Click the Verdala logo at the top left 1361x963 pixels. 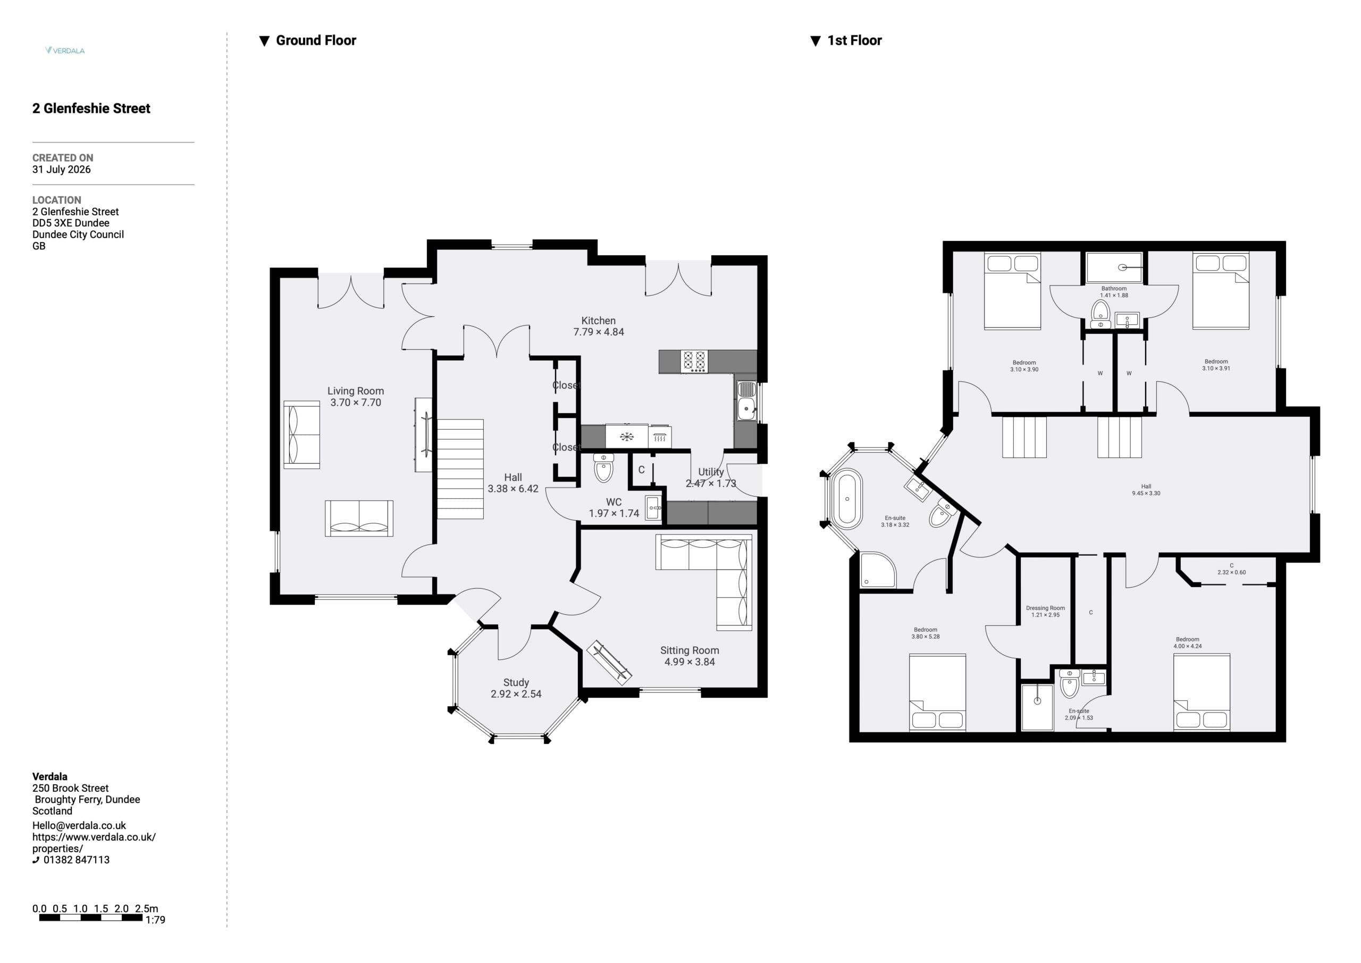pos(65,51)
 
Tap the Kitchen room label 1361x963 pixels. pos(598,320)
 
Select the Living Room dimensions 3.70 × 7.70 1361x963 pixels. pos(356,403)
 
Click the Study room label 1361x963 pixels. pos(516,683)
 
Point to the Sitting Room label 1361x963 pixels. pos(690,650)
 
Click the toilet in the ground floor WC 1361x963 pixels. pos(603,468)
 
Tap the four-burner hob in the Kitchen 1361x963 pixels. pos(694,361)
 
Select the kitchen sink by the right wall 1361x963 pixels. pos(746,400)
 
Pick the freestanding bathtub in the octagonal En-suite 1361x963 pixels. pos(847,499)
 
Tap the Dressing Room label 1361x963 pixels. pos(1045,608)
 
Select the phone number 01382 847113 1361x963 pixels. pos(77,860)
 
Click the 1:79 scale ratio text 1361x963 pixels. pos(155,920)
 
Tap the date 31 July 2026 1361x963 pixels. pos(62,170)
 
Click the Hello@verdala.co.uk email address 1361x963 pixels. pos(79,825)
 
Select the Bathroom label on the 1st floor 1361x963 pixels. pos(1114,288)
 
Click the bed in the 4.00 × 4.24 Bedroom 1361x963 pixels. pos(1202,692)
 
